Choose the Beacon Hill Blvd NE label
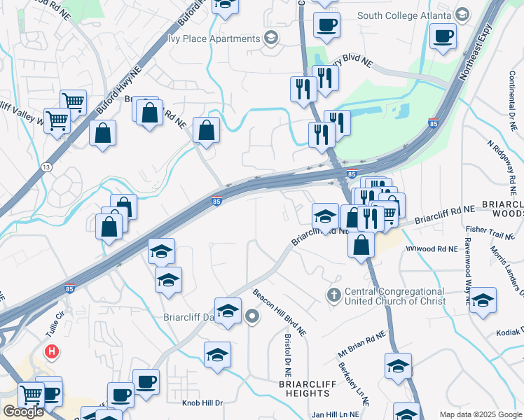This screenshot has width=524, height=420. [x=280, y=311]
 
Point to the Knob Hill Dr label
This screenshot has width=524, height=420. [x=202, y=403]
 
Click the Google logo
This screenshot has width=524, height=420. [x=23, y=412]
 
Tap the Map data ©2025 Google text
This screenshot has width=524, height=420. [x=480, y=414]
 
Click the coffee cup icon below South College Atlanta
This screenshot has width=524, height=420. [x=443, y=36]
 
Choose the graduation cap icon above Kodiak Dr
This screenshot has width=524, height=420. [x=483, y=300]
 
